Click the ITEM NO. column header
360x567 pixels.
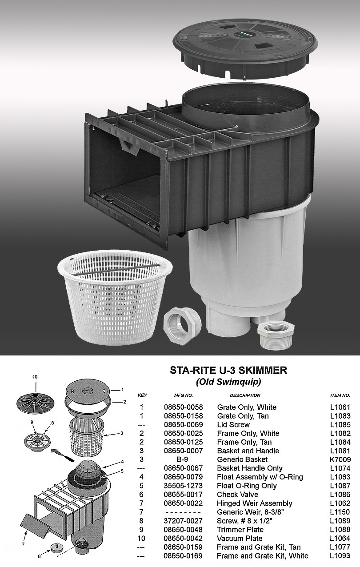340,395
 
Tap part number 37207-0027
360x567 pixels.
183,521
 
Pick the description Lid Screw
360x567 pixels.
233,424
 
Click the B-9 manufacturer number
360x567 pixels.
183,459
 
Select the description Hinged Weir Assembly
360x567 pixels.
254,503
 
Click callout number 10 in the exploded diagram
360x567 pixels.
35,377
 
